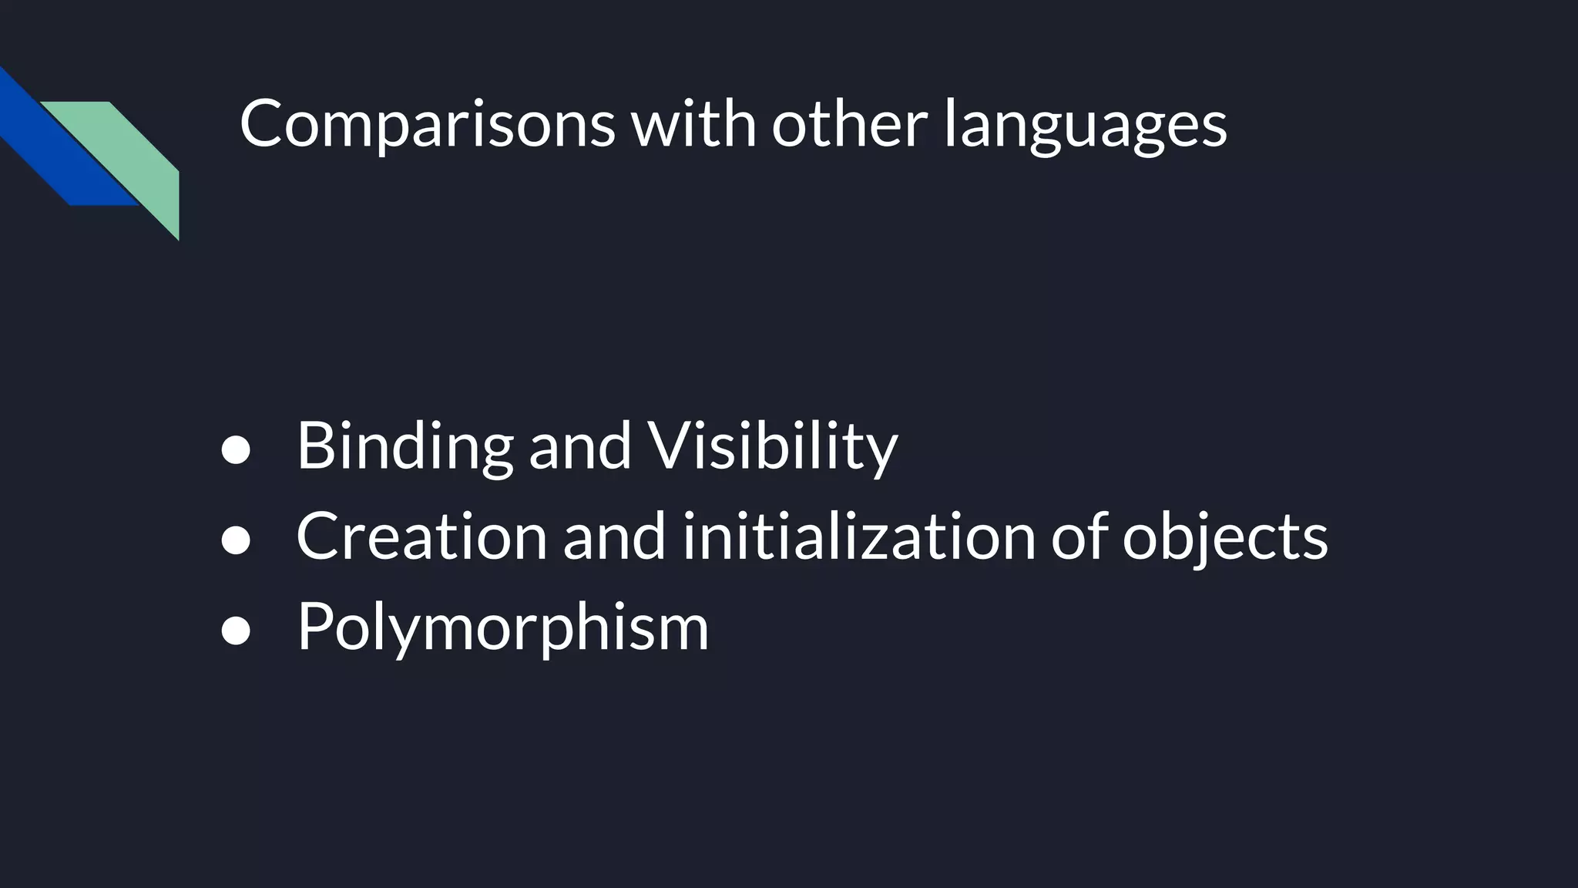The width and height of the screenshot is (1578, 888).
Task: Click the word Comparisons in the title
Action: (x=427, y=125)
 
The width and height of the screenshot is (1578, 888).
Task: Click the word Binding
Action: (x=405, y=447)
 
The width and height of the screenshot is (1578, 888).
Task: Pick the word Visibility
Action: (x=772, y=447)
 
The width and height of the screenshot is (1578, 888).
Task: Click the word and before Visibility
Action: (x=579, y=447)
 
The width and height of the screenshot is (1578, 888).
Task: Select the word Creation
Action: (x=421, y=536)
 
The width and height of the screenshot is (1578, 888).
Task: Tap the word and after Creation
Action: (x=614, y=536)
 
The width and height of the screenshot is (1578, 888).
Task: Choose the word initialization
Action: (x=858, y=536)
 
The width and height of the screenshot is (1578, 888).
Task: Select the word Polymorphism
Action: (x=502, y=627)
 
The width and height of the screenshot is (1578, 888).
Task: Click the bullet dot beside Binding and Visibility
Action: (x=236, y=451)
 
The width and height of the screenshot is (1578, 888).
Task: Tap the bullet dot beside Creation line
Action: (x=236, y=540)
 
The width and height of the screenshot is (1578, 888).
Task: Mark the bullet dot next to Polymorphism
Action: (x=236, y=631)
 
